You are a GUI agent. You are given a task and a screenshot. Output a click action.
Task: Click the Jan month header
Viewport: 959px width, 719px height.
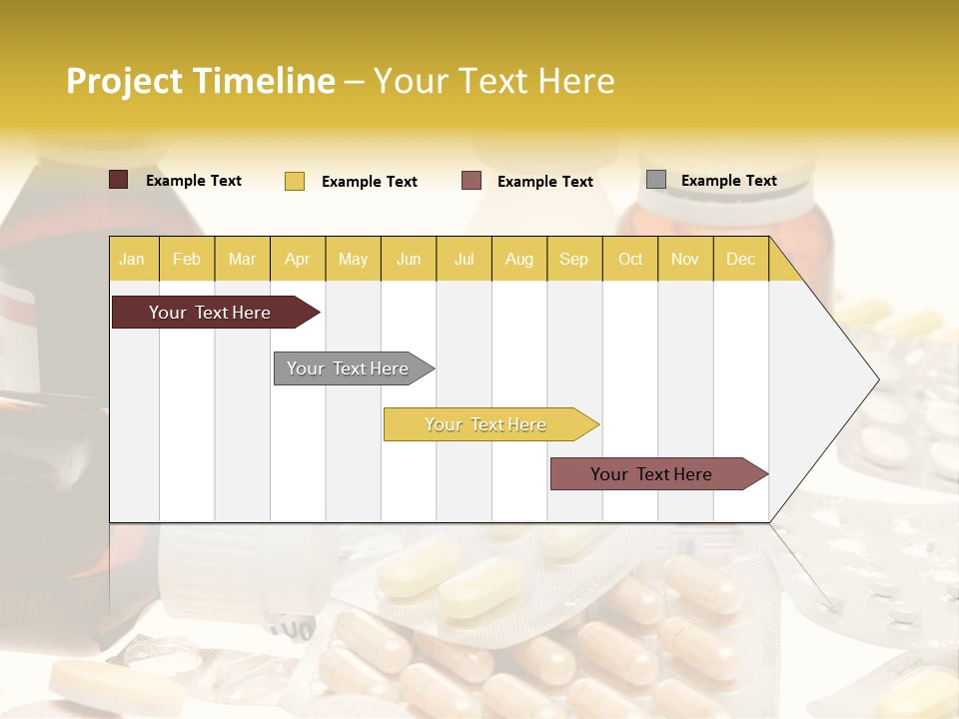132,259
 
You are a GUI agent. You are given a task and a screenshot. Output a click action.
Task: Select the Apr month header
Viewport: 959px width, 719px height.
297,259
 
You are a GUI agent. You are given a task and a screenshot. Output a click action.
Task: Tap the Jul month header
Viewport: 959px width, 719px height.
464,259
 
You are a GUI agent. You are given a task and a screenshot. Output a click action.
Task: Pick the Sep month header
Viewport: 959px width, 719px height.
573,259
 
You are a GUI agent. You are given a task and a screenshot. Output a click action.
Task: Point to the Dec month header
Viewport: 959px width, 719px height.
740,259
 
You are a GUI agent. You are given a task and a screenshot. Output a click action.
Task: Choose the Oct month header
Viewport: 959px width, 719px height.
630,259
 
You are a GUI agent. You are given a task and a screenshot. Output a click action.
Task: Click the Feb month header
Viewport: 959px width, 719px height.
187,259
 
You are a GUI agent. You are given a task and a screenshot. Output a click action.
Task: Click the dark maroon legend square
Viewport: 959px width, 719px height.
119,180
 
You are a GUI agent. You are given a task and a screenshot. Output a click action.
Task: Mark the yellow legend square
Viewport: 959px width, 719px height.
295,181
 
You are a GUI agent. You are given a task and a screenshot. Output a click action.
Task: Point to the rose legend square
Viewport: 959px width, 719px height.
472,181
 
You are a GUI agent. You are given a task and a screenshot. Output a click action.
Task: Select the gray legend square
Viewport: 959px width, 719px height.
656,180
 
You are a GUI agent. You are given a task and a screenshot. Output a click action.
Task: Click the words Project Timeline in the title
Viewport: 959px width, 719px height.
201,81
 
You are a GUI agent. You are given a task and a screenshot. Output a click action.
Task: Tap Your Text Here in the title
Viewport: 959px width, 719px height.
494,81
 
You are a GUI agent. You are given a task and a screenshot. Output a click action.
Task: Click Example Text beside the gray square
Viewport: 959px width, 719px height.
728,181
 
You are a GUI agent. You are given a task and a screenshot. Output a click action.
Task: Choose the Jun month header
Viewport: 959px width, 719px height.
409,259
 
